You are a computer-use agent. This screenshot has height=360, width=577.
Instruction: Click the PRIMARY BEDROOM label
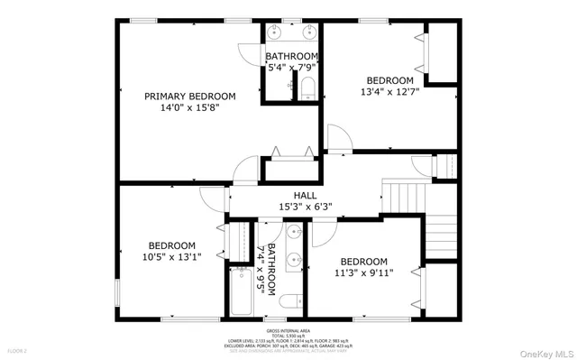(190, 97)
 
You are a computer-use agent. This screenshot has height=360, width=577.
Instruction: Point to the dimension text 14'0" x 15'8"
(190, 107)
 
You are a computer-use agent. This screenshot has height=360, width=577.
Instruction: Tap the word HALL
(304, 195)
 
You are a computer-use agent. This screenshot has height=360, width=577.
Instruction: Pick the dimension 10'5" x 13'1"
(171, 256)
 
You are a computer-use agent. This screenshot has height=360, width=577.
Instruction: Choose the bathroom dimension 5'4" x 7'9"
(291, 67)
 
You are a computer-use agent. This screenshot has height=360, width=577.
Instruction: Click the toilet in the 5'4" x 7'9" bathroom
(306, 88)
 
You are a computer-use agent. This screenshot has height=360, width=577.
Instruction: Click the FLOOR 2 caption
(18, 349)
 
